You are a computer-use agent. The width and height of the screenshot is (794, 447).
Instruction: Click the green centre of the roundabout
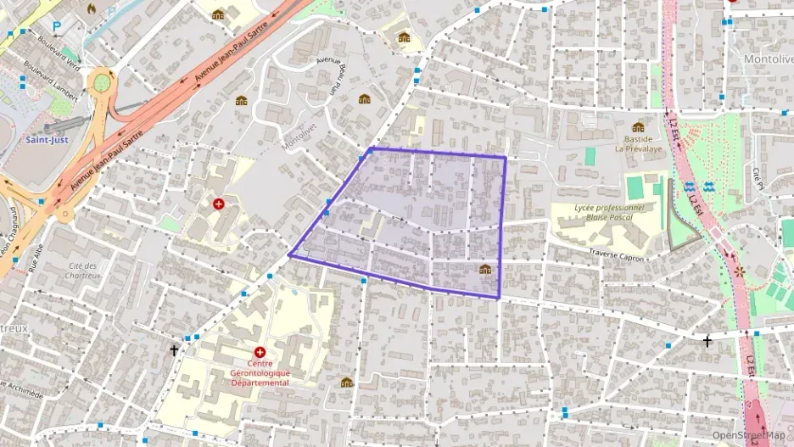pyautogui.click(x=103, y=82)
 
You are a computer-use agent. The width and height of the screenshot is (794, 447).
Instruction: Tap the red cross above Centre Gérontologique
pyautogui.click(x=260, y=351)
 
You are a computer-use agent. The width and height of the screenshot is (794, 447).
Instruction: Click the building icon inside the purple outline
pyautogui.click(x=485, y=269)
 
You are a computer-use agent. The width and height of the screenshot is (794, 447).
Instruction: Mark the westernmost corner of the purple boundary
pyautogui.click(x=289, y=254)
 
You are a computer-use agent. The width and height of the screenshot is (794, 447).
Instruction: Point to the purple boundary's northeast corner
pyautogui.click(x=506, y=157)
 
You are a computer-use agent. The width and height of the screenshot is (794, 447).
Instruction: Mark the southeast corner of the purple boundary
pyautogui.click(x=498, y=298)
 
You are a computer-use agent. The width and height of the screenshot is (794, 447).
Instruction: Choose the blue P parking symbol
pyautogui.click(x=57, y=25)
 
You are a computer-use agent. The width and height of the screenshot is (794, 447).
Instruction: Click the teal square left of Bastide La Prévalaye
pyautogui.click(x=590, y=156)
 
